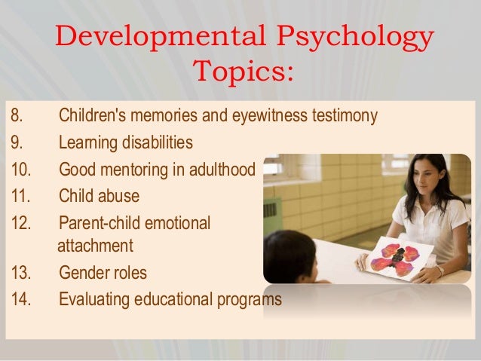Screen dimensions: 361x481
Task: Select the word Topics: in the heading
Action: point(241,74)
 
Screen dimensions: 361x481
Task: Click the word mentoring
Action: point(130,169)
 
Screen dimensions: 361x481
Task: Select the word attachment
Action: point(95,246)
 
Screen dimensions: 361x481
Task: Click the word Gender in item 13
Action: point(82,273)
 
